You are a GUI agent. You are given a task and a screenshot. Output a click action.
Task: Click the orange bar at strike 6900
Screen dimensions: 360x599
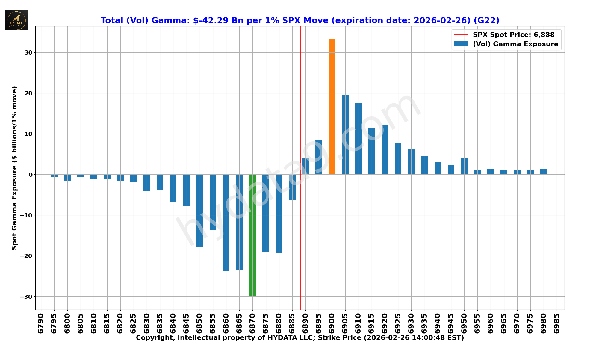332,106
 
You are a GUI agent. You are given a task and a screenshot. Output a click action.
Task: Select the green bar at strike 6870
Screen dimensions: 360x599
252,235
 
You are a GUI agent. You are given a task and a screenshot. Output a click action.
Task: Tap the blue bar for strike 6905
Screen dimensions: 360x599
345,135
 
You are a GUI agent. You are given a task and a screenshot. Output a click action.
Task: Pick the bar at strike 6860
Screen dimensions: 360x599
226,223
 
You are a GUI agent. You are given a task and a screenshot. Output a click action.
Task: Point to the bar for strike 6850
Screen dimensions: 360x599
200,211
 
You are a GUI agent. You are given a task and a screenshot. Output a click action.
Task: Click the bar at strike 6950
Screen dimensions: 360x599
464,166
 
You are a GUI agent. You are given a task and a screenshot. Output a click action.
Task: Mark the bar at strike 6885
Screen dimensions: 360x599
292,187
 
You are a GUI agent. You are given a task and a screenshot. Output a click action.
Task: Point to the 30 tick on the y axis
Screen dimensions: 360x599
28,52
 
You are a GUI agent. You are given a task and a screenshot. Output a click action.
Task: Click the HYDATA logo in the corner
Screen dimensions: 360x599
16,20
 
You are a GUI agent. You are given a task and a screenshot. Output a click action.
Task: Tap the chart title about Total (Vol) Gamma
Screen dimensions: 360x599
300,20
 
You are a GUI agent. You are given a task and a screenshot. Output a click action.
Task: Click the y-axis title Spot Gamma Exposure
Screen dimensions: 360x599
14,168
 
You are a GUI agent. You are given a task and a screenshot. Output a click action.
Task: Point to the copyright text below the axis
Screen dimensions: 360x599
300,338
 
